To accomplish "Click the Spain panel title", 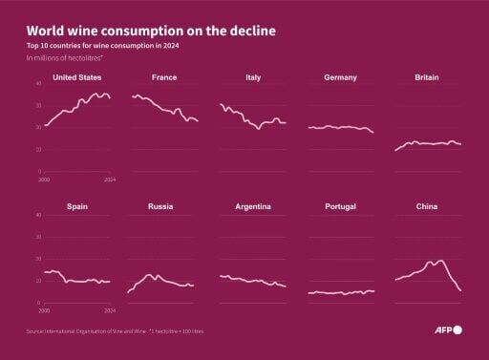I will point(78,206).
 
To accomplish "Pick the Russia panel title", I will point(160,206).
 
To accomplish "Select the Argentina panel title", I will point(253,206).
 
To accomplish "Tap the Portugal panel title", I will point(341,206).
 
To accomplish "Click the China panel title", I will point(427,206).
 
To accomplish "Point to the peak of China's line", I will point(440,259).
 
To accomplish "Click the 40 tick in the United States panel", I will point(37,84).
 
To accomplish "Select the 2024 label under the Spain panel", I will point(109,310).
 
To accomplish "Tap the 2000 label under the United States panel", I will point(44,180).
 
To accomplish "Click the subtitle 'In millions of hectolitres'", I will point(63,59).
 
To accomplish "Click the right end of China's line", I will point(462,291).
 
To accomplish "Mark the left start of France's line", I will point(132,95).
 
